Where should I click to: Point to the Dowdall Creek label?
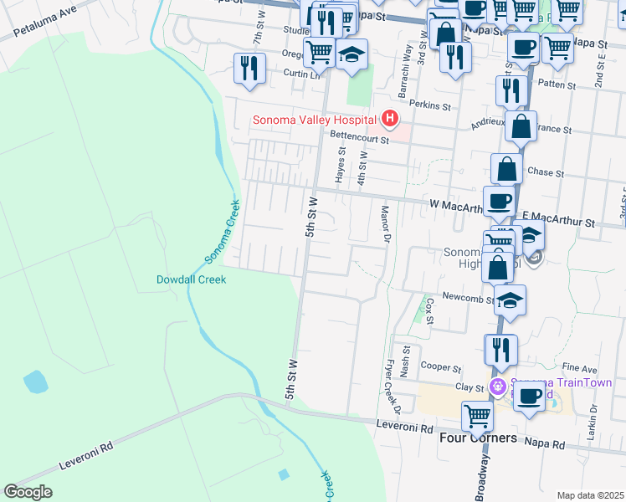click(192, 279)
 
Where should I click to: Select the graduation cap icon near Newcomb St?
click(510, 299)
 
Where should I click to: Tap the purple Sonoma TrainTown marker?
click(498, 386)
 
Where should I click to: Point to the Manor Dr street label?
click(386, 225)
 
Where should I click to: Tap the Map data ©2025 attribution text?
click(590, 495)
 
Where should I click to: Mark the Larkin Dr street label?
click(592, 422)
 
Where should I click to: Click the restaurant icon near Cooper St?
click(501, 348)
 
